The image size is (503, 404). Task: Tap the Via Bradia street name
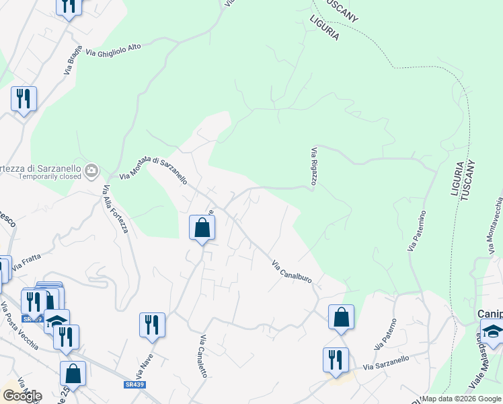pos(74,63)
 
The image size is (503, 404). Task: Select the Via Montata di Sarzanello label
pos(153,169)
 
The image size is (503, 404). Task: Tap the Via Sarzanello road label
pos(386,364)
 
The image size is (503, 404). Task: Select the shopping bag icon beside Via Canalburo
pos(341,317)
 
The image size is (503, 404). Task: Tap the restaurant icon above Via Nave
pos(153,325)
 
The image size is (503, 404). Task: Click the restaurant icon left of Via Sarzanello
pos(335,359)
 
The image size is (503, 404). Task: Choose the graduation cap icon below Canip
pos(492,332)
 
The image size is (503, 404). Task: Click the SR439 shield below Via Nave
pos(133,384)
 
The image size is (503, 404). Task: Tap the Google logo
pos(22,396)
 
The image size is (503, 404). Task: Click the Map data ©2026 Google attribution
pos(461,399)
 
